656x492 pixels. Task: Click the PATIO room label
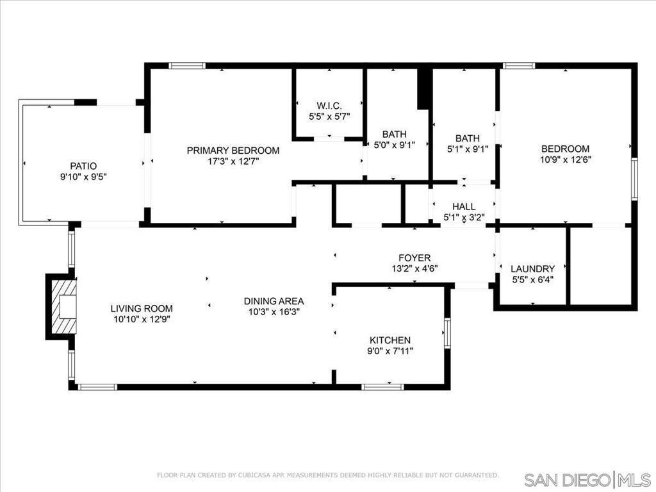pos(83,166)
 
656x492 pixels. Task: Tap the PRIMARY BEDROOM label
pos(233,150)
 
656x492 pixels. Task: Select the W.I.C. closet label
pos(329,106)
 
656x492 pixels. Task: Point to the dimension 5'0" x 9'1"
pos(394,145)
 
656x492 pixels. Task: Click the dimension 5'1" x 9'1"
pos(468,149)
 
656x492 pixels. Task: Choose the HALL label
pos(464,206)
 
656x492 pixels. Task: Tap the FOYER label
pos(414,258)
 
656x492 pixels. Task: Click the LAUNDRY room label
pos(532,268)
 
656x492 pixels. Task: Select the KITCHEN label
pos(390,340)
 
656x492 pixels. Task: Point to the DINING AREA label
pos(274,301)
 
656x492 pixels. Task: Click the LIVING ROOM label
pos(142,308)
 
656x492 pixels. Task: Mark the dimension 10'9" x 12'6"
pos(565,160)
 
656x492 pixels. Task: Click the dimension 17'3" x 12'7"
pos(233,161)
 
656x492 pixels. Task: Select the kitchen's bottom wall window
pos(383,387)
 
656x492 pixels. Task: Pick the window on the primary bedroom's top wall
pos(187,66)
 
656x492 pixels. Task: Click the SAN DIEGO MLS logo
pos(587,479)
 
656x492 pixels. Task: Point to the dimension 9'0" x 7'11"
pos(390,351)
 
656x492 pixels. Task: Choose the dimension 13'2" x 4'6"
pos(414,268)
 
